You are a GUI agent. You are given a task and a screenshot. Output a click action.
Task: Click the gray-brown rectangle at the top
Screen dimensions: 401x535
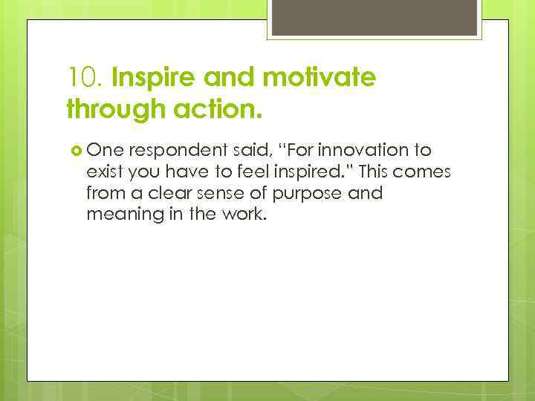click(376, 17)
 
